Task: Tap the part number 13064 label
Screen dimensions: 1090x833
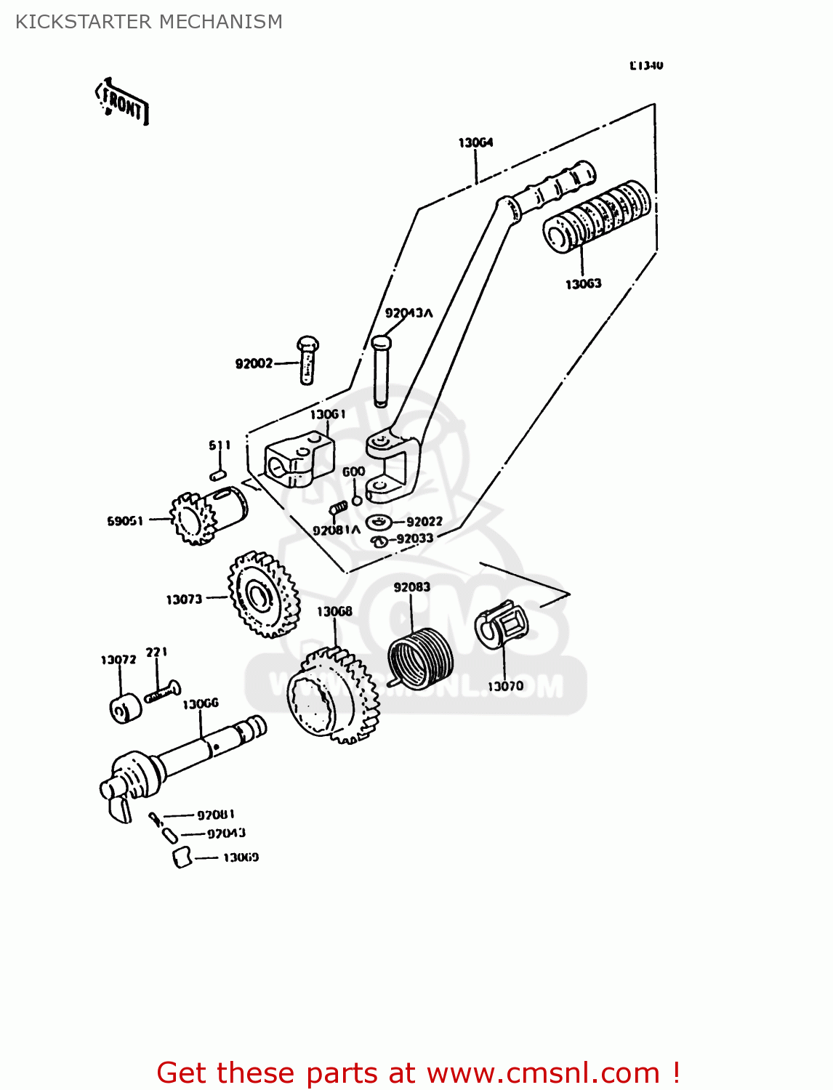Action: tap(475, 142)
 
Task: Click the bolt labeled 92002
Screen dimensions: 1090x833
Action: tap(307, 360)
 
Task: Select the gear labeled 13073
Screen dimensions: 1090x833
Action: tap(262, 594)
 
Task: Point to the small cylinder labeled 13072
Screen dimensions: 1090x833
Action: tap(126, 708)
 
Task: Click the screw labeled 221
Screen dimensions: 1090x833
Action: tap(163, 691)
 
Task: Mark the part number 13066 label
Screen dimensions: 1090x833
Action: tap(201, 703)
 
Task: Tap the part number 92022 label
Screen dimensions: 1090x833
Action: tap(424, 522)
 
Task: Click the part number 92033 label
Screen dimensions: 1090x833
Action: tap(415, 538)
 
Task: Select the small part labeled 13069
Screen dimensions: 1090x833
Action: tap(182, 857)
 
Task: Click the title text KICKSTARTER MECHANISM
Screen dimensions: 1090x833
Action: tap(149, 22)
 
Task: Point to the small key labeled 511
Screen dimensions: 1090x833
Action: tap(217, 475)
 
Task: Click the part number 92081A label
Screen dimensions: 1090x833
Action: tap(336, 530)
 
